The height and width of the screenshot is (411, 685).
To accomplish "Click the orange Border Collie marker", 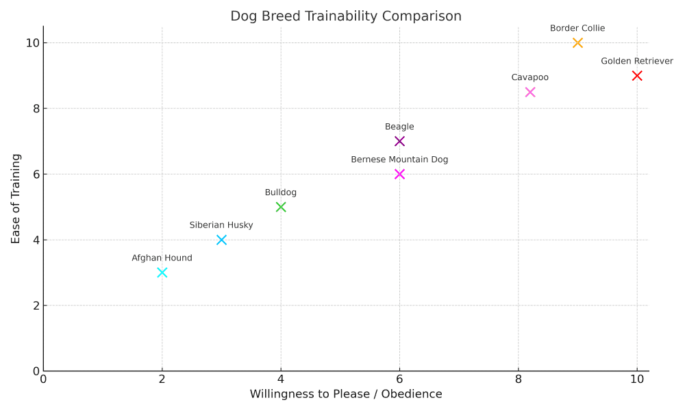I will pos(577,42).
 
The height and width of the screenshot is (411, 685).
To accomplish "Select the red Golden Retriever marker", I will pos(637,75).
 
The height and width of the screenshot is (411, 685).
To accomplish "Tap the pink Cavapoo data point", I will pos(530,92).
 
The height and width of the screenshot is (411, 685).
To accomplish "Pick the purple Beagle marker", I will pos(399,141).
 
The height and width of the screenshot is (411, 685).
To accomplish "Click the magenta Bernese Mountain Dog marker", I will pos(399,174).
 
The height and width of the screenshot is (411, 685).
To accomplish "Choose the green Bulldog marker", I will pos(281,207).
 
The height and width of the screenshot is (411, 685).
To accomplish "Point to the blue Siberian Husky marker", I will pos(221,240).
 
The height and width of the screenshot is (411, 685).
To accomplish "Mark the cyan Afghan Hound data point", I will pos(162,273).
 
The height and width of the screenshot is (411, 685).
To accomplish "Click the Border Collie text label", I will pos(577,28).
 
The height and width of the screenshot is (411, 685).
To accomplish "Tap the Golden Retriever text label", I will pos(637,61).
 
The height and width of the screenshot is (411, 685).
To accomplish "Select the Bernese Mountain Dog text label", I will pos(399,160).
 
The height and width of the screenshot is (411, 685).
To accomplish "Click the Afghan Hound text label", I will pos(162,258).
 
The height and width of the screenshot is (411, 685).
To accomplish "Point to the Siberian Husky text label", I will pos(221,225).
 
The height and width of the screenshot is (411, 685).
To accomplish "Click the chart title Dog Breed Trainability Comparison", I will pos(346,16).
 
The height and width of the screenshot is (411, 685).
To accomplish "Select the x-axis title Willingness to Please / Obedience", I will pos(346,394).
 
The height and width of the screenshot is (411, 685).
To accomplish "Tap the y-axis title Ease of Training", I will pos(16,199).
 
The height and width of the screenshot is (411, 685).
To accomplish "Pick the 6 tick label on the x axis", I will pos(399,379).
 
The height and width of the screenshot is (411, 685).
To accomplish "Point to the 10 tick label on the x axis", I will pos(637,379).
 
